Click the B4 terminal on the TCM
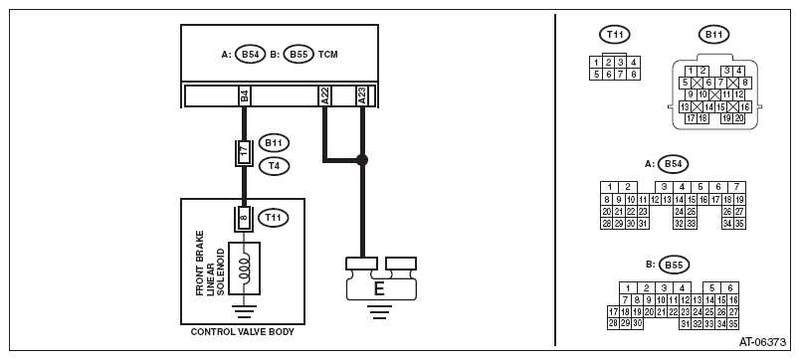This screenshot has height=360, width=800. click(x=245, y=95)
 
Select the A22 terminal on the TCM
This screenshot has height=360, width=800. click(x=324, y=95)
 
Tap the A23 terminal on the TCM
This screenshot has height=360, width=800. click(x=362, y=95)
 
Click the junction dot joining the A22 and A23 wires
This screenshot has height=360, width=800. click(x=362, y=160)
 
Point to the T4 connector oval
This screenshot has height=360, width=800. click(x=274, y=166)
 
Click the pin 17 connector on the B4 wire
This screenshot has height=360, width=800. click(x=244, y=151)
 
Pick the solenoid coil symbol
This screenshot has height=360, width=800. click(x=245, y=269)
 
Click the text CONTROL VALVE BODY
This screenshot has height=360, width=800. click(x=243, y=332)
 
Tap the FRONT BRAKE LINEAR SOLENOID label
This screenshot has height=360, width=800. click(x=210, y=264)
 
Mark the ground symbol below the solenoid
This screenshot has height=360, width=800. click(x=244, y=310)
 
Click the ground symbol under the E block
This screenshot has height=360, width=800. click(x=378, y=311)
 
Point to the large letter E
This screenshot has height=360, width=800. click(x=378, y=289)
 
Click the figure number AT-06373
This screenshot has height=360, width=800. click(x=763, y=342)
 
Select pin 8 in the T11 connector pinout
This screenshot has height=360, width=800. click(x=634, y=75)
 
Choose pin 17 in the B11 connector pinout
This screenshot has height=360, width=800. click(x=691, y=118)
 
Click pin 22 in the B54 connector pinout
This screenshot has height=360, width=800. click(x=631, y=212)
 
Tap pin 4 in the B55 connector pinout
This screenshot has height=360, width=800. click(x=682, y=288)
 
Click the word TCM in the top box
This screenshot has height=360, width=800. click(x=327, y=54)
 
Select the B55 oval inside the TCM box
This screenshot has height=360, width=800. click(x=299, y=54)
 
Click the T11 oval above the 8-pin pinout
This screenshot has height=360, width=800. click(x=615, y=35)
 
